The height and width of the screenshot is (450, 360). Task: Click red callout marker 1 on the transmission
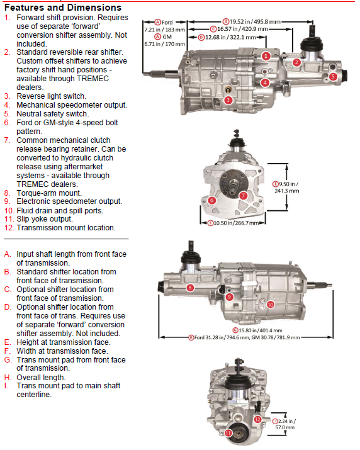point(266,56)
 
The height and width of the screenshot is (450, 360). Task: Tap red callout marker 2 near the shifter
point(296,62)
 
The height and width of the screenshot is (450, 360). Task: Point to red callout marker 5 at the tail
point(334,76)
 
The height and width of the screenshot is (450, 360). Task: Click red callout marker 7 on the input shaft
point(243,196)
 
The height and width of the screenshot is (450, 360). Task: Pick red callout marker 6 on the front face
point(212,200)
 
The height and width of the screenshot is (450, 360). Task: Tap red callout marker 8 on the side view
point(190,288)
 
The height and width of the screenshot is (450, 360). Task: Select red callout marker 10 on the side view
point(270,304)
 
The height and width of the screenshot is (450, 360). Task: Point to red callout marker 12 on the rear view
point(257,419)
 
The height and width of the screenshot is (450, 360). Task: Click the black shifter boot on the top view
point(310,47)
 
